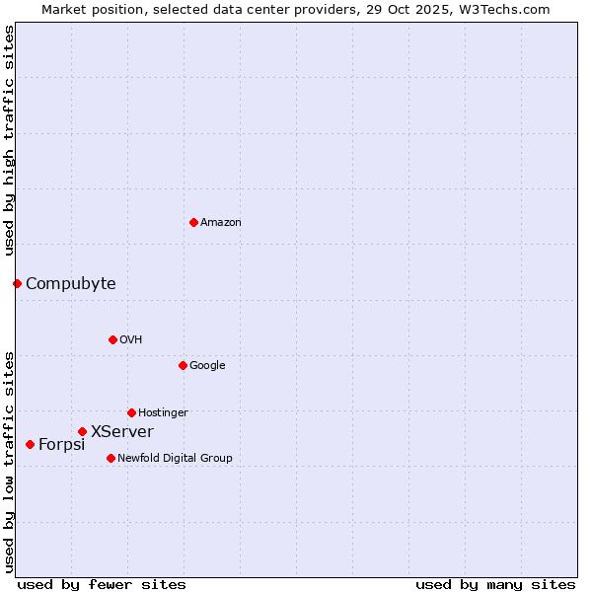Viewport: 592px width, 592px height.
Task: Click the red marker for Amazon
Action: coord(193,222)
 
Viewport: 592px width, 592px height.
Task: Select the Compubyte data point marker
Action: coord(17,284)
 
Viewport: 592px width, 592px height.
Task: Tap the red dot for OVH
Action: coord(112,339)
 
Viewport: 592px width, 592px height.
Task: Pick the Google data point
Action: coord(183,365)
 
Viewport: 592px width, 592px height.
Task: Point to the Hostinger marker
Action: coord(131,412)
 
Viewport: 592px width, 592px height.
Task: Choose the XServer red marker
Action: coord(82,431)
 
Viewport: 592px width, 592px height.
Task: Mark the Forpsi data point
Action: coord(30,444)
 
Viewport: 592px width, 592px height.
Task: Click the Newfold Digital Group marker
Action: coord(111,458)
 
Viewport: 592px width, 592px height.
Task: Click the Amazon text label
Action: coord(221,223)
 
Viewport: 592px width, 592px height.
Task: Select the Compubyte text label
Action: coord(70,284)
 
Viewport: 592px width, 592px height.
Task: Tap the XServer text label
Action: coord(122,432)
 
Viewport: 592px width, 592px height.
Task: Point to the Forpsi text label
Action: coord(62,445)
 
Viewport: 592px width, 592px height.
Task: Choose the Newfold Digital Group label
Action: coord(175,458)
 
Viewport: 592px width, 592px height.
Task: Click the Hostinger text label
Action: coord(163,412)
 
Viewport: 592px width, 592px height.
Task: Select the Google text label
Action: coord(207,366)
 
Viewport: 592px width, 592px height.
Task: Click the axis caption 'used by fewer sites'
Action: coord(102,584)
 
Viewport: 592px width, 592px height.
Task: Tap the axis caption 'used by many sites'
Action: coord(495,584)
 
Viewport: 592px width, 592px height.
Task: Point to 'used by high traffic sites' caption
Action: coord(10,141)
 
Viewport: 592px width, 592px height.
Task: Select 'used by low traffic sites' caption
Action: coord(10,462)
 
